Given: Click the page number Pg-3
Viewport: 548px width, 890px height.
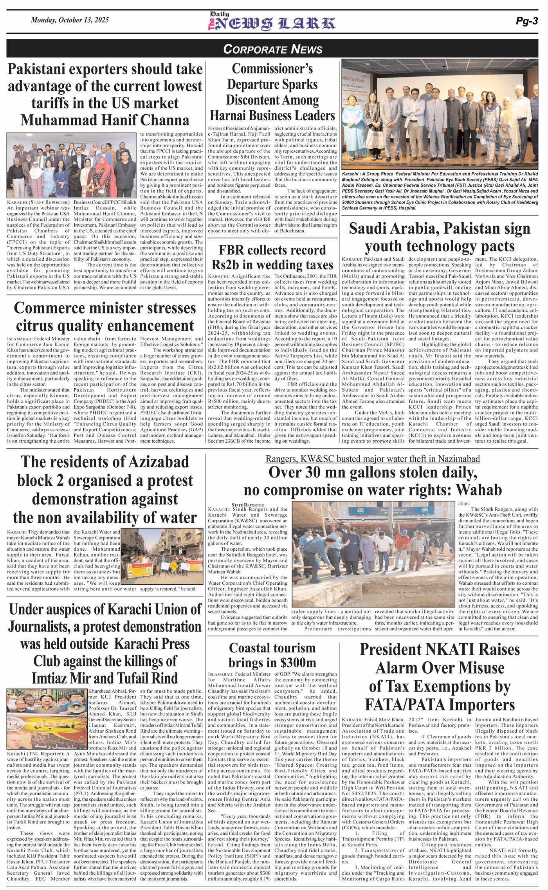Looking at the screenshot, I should pyautogui.click(x=526, y=22).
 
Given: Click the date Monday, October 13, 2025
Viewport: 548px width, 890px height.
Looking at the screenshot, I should pyautogui.click(x=70, y=20).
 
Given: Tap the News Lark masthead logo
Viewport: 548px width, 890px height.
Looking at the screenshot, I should pyautogui.click(x=272, y=22).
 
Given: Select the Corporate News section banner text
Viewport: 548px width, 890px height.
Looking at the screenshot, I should pyautogui.click(x=273, y=49).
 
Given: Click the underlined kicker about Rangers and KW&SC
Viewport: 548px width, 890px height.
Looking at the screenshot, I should pyautogui.click(x=373, y=459).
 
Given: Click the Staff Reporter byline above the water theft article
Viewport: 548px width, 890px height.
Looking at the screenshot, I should pyautogui.click(x=247, y=505).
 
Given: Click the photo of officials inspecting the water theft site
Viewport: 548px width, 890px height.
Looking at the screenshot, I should pyautogui.click(x=372, y=555).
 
